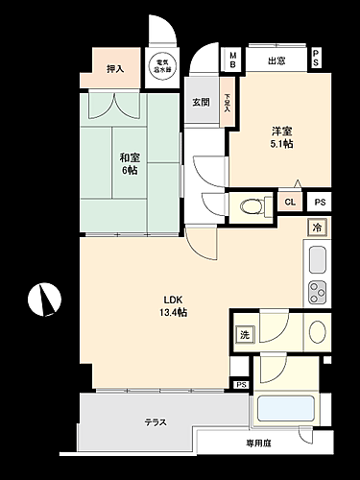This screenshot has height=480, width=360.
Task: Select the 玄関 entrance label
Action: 200,102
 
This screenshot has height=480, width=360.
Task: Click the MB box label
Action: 231,59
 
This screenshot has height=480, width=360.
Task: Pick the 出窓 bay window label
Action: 276,60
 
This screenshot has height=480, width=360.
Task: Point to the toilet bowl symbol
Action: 250,204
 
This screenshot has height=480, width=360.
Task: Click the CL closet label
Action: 290,202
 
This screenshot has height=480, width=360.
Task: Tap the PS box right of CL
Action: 319,202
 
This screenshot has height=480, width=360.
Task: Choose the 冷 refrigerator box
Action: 316,228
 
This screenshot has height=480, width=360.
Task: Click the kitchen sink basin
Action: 316,259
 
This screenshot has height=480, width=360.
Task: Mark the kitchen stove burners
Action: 316,292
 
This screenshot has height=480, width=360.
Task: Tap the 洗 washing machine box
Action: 244,335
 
